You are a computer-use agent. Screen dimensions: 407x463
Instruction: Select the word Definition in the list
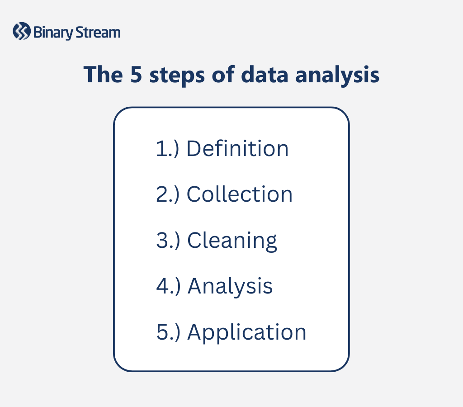237,149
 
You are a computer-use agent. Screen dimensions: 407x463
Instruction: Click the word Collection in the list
240,194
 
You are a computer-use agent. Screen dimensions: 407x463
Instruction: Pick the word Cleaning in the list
232,241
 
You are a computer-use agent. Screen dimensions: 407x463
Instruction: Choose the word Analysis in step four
230,287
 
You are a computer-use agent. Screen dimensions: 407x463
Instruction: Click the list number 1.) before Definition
168,149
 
